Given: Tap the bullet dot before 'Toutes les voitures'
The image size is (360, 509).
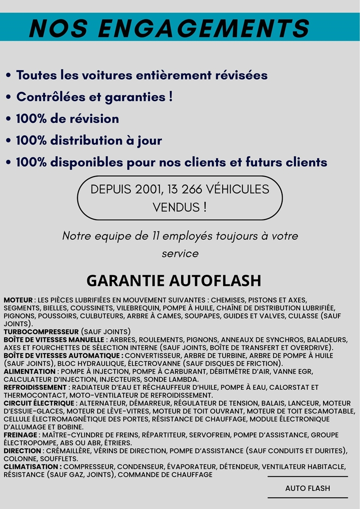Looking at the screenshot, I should click(x=9, y=76).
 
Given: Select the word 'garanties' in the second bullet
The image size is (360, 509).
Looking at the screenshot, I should click(x=126, y=97).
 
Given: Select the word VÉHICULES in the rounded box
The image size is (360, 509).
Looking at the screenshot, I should click(x=238, y=189).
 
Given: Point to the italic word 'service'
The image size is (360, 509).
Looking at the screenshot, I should click(x=180, y=254).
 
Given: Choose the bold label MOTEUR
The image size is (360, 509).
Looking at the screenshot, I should click(x=18, y=300).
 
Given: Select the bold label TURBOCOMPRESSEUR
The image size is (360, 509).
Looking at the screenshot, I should click(x=41, y=332).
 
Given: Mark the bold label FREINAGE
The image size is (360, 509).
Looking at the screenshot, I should click(x=21, y=435).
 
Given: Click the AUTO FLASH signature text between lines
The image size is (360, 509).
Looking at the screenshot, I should click(x=308, y=488).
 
